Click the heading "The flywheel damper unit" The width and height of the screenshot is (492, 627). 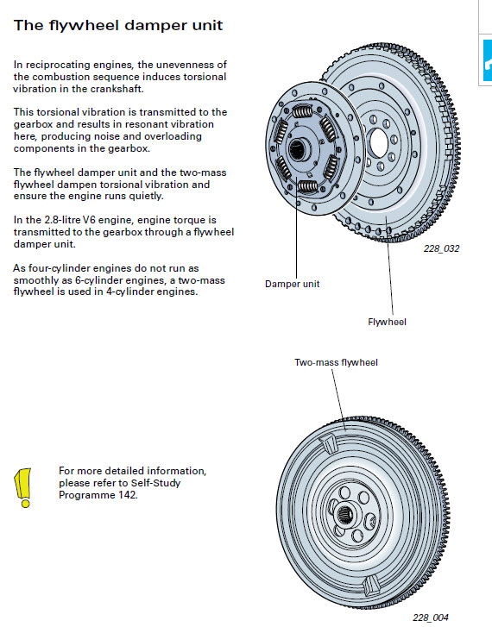[118, 25]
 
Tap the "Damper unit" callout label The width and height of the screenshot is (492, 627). [293, 284]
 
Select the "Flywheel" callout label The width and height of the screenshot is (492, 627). [387, 322]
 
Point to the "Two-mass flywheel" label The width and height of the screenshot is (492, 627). [336, 362]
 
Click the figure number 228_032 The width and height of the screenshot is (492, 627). [442, 248]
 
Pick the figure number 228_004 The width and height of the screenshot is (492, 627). [431, 618]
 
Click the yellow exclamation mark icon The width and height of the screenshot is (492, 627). [23, 488]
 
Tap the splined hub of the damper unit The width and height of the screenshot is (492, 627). [299, 149]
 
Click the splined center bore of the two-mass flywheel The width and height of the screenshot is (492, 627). [344, 513]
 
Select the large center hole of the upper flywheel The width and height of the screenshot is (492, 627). [379, 143]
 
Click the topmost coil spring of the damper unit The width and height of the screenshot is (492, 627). [303, 111]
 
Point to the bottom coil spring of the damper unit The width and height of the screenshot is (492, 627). [308, 186]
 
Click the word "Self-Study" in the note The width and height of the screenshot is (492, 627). [155, 483]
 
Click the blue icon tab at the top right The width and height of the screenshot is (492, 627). [488, 60]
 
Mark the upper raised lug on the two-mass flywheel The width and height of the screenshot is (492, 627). [328, 442]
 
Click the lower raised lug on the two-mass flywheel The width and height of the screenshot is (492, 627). [370, 586]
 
